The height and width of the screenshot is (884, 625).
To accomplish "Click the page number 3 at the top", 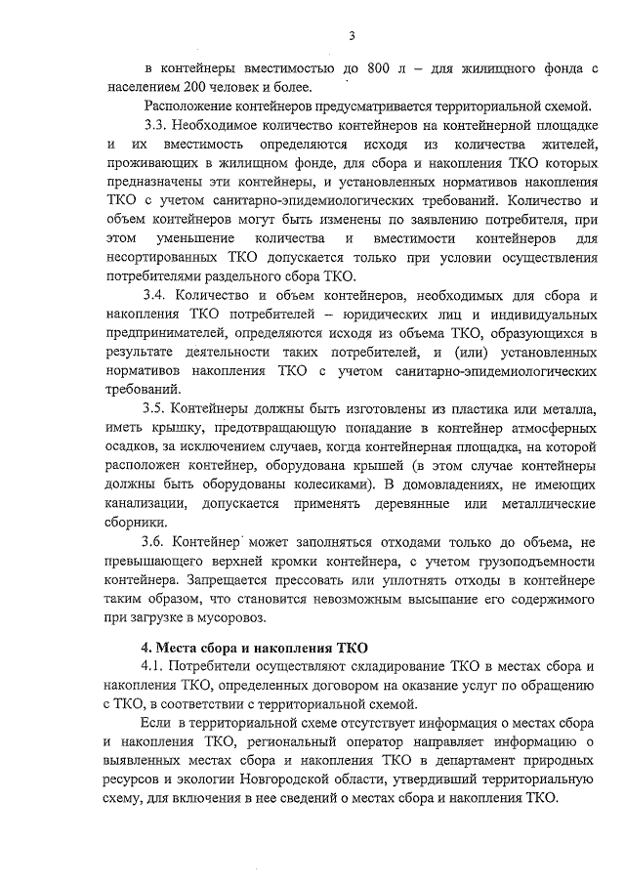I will click(x=352, y=36).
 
